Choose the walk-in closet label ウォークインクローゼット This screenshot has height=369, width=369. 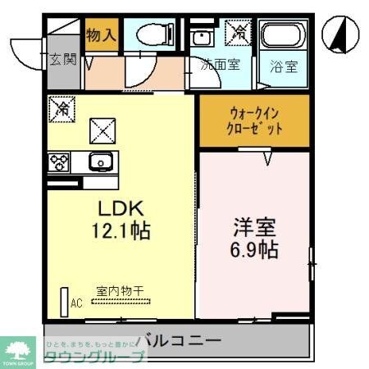click(255, 121)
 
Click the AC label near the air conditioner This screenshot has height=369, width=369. click(76, 303)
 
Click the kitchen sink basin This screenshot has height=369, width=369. click(99, 162)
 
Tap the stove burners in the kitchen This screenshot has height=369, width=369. click(59, 162)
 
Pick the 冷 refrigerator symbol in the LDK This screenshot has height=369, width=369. click(59, 107)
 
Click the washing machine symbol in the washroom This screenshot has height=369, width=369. click(239, 33)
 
